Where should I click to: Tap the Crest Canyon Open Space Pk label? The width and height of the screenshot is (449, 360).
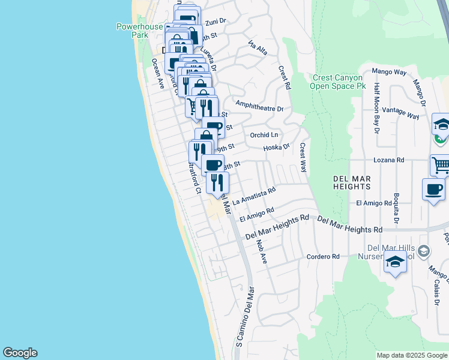coord(338,82)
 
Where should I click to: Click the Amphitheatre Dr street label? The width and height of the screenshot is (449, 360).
coord(259,109)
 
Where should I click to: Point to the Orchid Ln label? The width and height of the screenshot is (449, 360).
coord(265,134)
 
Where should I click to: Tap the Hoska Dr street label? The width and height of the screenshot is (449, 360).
coord(276,146)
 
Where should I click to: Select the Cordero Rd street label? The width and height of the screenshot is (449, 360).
coord(323,256)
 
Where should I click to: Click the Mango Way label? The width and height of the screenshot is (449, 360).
coord(389,72)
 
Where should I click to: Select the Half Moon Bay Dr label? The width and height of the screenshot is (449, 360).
coord(376,106)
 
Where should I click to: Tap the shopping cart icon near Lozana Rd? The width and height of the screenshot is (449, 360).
coord(440,164)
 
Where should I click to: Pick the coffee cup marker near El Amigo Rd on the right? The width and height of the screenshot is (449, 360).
coord(433,190)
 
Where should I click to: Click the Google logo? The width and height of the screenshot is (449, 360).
coord(20,353)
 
